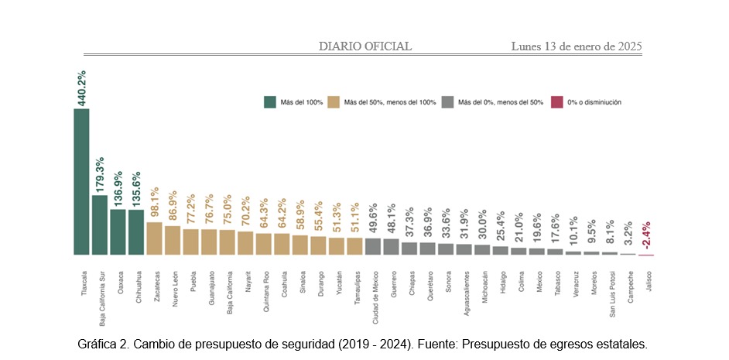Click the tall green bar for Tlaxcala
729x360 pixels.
(81, 182)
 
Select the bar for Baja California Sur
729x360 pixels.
(100, 225)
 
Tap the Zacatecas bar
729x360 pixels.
(154, 238)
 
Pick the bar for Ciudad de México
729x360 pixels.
(373, 246)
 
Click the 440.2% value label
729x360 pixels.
(81, 87)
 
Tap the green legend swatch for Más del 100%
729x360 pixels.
(270, 101)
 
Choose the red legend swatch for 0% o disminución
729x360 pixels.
(556, 101)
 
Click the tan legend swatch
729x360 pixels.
(334, 101)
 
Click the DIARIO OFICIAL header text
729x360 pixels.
(365, 46)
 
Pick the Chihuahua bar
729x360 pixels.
(136, 231)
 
